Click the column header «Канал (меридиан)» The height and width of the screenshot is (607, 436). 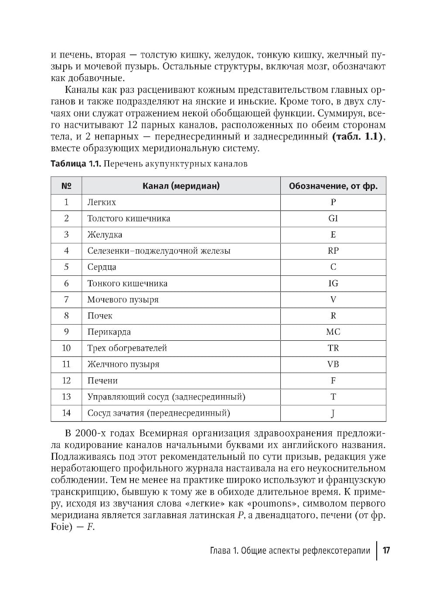(x=181, y=186)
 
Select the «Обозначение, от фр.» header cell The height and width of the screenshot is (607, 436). (x=333, y=186)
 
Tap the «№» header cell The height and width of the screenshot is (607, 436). (x=66, y=186)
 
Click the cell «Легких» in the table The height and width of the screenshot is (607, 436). (x=102, y=202)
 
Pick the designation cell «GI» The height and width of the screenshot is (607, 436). (x=333, y=218)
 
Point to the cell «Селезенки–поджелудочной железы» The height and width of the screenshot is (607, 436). (x=159, y=251)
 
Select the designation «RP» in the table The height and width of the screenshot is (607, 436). (x=333, y=251)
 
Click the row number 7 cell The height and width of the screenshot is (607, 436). (x=66, y=299)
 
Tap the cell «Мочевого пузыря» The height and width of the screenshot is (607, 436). (x=123, y=300)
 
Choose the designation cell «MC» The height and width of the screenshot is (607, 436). (x=333, y=332)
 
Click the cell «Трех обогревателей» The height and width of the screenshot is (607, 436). (x=127, y=348)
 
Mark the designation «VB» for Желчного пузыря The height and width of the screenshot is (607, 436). (x=333, y=364)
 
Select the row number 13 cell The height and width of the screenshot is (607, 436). (x=66, y=397)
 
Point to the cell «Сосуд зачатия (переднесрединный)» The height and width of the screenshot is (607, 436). (x=159, y=413)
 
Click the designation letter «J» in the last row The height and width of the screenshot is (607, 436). (x=333, y=413)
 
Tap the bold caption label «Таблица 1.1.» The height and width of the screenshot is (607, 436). (x=76, y=164)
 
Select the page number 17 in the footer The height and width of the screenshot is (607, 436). (x=386, y=550)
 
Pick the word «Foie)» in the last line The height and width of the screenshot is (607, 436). (x=63, y=526)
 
